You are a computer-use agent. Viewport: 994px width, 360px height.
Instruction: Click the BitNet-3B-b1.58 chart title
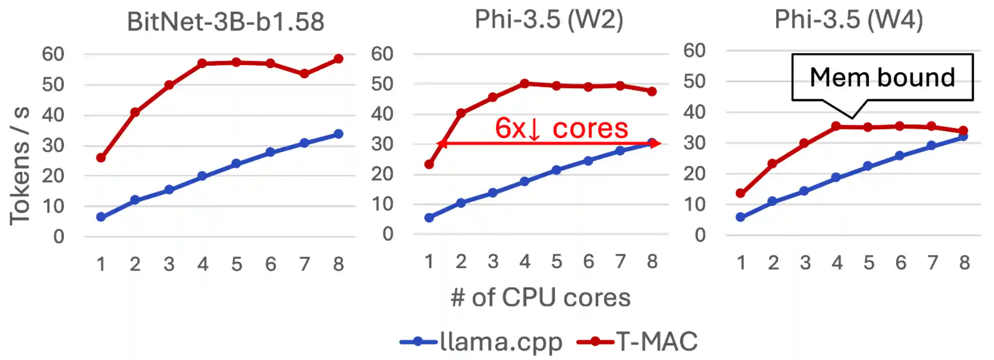point(225,22)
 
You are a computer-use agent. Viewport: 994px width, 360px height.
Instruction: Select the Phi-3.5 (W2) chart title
point(549,20)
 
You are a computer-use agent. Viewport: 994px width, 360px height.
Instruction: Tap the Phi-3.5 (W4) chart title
point(848,20)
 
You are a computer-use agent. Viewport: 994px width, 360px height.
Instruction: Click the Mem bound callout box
point(882,77)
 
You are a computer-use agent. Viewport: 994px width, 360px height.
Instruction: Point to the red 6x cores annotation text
point(561,128)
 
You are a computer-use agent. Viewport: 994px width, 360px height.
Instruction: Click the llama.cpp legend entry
point(481,342)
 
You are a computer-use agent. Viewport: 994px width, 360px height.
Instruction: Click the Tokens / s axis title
point(20,165)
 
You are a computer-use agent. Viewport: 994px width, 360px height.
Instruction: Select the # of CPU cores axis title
point(540,297)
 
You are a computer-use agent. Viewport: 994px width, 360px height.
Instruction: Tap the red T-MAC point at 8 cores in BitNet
point(338,59)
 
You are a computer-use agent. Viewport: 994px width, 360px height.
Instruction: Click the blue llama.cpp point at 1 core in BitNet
point(101,217)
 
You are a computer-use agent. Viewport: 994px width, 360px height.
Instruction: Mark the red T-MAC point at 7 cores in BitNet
point(304,74)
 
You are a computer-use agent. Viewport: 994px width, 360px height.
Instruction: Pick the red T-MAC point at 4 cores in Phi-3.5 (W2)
point(525,84)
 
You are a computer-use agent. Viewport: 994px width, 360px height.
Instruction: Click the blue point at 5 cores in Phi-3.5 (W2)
point(557,170)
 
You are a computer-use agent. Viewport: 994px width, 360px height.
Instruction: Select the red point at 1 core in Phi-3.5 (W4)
point(741,193)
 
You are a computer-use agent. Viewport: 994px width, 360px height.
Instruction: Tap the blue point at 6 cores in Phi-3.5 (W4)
point(900,156)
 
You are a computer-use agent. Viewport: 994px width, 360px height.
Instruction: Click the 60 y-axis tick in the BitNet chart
point(53,55)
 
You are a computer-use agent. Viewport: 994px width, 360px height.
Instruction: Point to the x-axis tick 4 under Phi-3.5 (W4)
point(837,263)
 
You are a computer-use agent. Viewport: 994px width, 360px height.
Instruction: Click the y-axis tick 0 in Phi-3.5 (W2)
point(388,234)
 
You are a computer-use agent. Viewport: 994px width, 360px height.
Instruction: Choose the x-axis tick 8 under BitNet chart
point(338,264)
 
